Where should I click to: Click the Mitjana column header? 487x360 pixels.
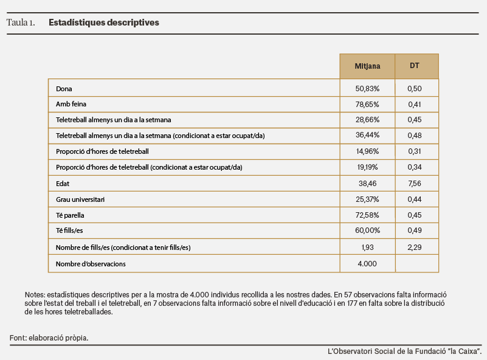(x=367, y=66)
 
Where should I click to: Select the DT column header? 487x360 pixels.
(x=414, y=66)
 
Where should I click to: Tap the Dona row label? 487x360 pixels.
(x=64, y=89)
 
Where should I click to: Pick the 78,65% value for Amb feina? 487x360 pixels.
(x=367, y=105)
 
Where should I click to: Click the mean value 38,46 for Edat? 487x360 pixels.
(x=367, y=184)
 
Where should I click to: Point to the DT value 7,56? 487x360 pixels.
(x=415, y=184)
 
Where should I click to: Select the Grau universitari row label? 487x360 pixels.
(x=80, y=199)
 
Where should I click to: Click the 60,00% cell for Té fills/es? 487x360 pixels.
(x=367, y=230)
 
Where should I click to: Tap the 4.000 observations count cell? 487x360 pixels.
(x=367, y=264)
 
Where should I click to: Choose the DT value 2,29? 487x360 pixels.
(x=415, y=247)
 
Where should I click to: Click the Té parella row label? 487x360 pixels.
(x=70, y=215)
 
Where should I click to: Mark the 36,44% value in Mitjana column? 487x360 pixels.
(x=367, y=135)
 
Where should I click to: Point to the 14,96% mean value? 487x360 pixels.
(x=367, y=151)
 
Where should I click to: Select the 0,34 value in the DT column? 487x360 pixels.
(x=415, y=167)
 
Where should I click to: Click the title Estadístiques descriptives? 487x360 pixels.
(x=104, y=22)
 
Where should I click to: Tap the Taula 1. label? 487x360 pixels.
(x=21, y=22)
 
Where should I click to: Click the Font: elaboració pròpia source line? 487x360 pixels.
(x=49, y=338)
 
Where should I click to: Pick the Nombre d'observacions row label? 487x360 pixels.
(x=91, y=264)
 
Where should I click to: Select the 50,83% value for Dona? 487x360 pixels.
(x=367, y=89)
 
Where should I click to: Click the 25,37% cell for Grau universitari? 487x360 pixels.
(x=367, y=199)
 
